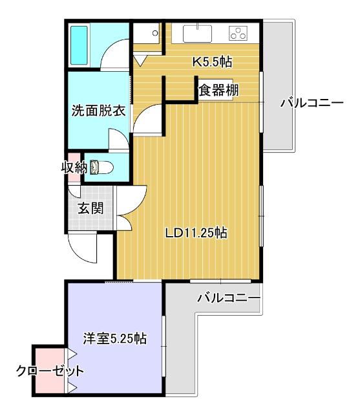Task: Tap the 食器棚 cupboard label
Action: click(x=218, y=90)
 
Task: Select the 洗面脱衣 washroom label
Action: click(x=98, y=110)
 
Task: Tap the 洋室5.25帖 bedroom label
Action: click(x=114, y=338)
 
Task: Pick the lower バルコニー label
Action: click(x=228, y=298)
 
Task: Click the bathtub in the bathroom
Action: click(x=79, y=45)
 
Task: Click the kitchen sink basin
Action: click(x=196, y=33)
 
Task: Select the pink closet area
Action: click(x=50, y=382)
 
